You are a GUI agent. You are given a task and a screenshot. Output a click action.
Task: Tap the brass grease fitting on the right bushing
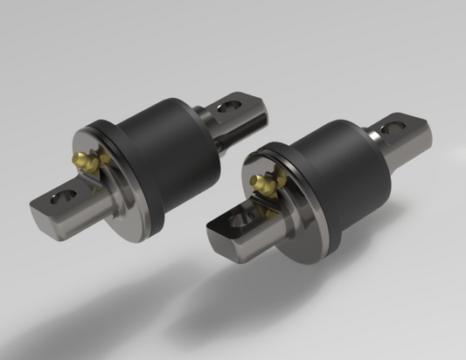260,183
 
